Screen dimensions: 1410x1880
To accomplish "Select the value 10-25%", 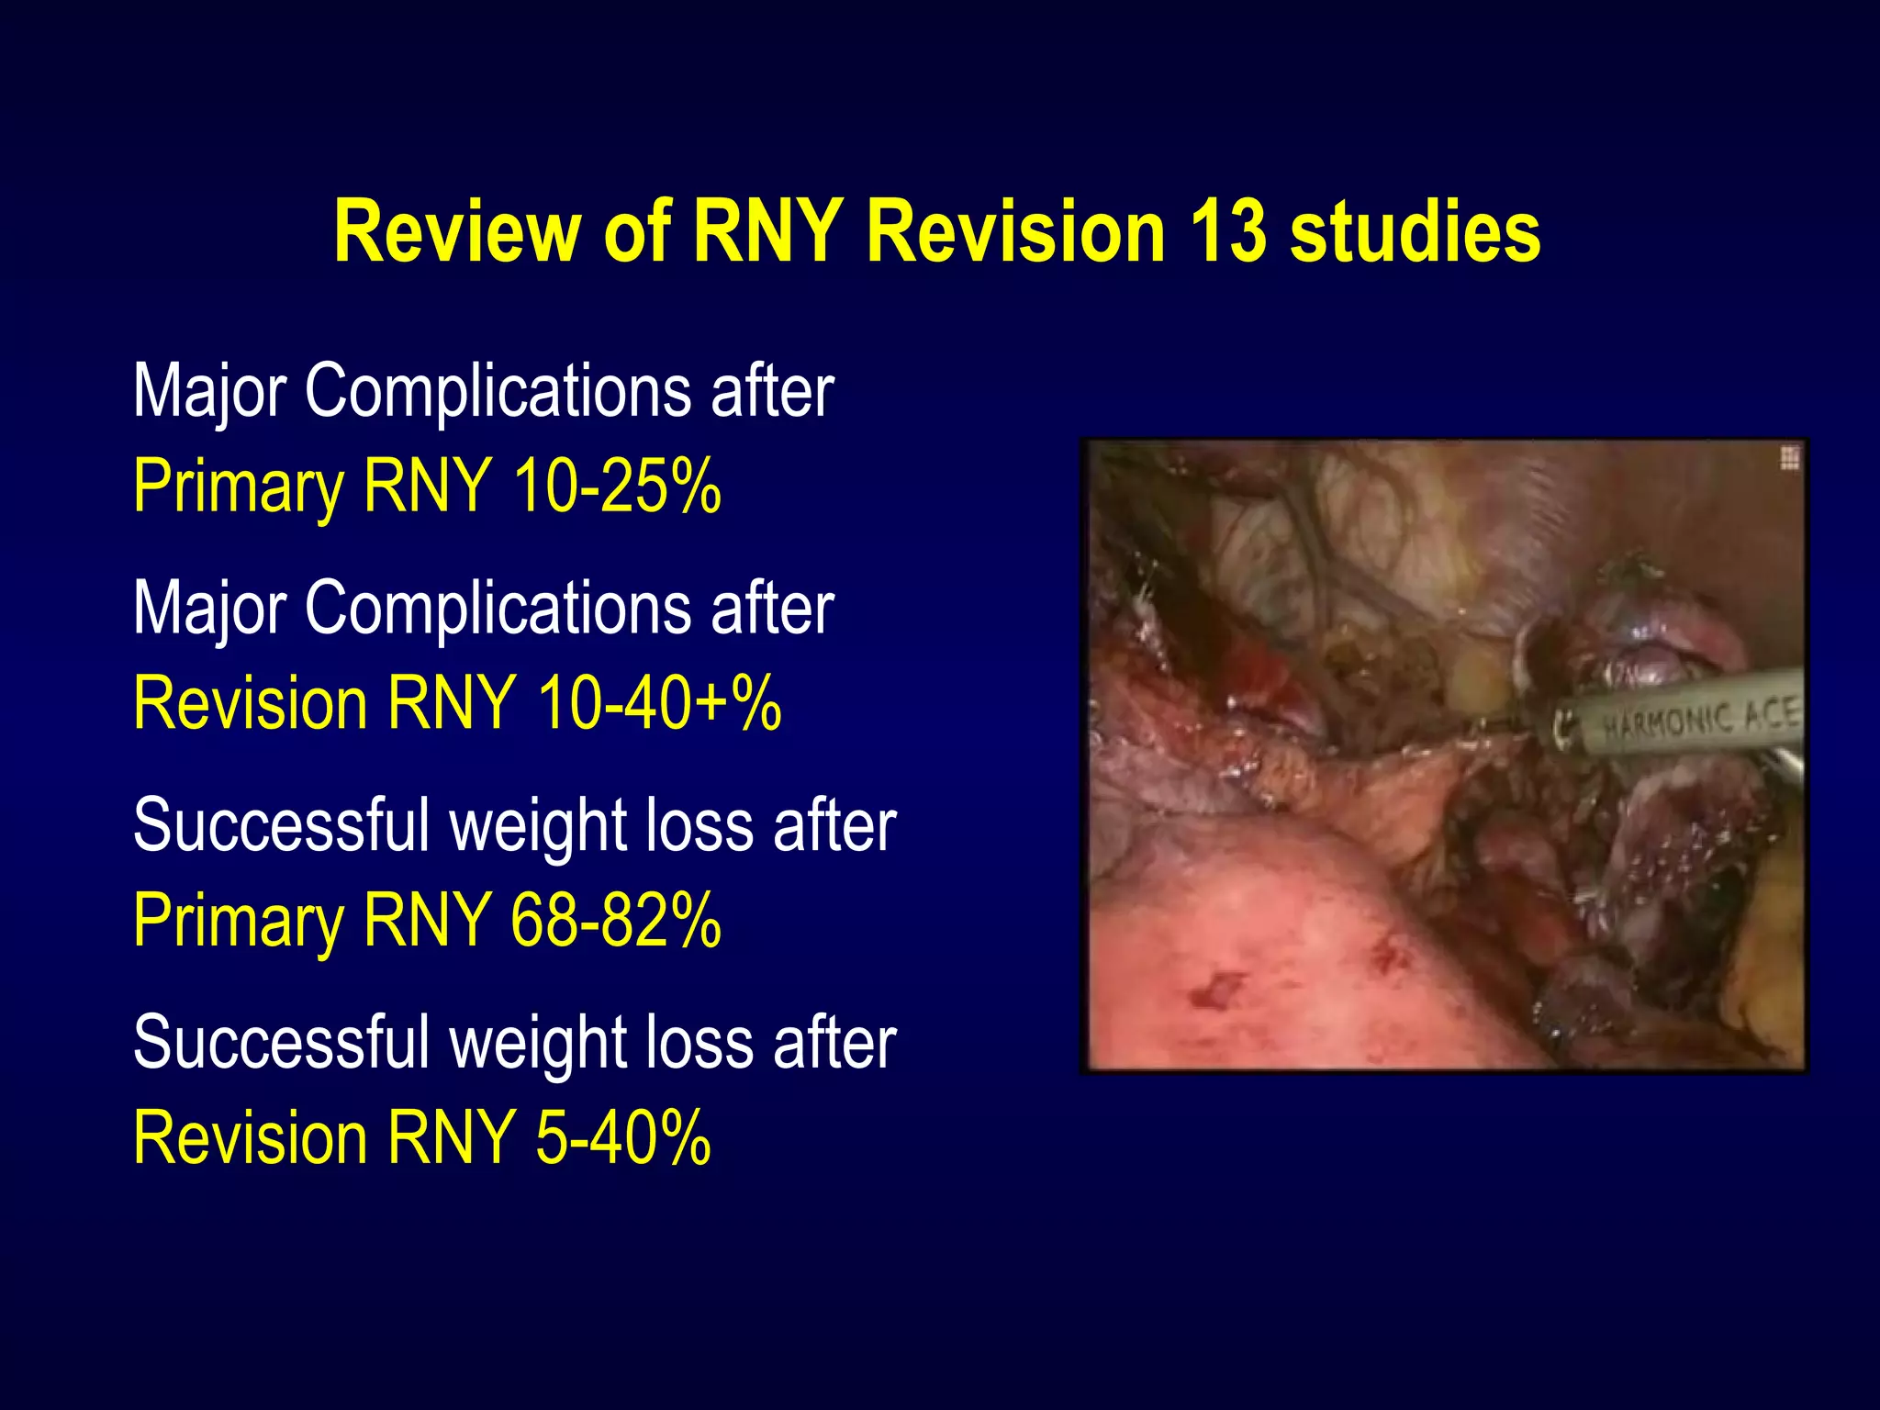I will click(617, 486).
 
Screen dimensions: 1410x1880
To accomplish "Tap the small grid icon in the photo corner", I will click(1789, 458).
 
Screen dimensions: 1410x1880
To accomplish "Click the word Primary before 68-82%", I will click(238, 922).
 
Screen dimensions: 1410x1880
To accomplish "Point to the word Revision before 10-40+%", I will click(251, 702).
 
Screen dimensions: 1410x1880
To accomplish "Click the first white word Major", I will click(210, 393).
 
